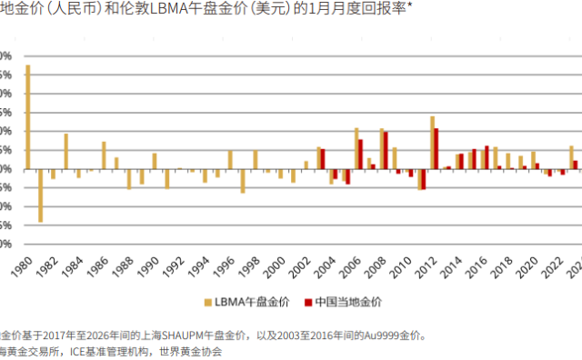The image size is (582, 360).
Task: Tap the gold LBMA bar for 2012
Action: coord(432,143)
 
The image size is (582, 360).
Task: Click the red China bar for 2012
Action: coord(436,148)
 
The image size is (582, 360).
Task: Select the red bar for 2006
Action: coord(361,154)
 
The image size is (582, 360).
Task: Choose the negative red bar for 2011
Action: coord(424,178)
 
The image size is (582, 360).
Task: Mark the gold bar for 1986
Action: coord(104,155)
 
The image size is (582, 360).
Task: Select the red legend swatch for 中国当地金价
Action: coord(308,301)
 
